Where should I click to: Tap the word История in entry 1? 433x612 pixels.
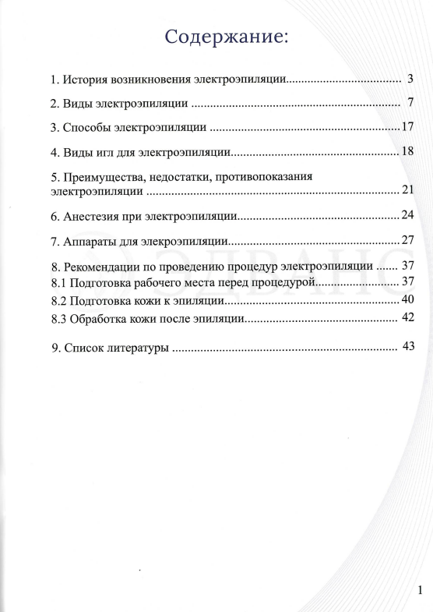(85, 80)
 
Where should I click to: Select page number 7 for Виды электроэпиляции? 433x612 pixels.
(410, 102)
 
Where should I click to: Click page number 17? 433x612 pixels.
(410, 126)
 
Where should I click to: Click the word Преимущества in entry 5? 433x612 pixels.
(102, 177)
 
